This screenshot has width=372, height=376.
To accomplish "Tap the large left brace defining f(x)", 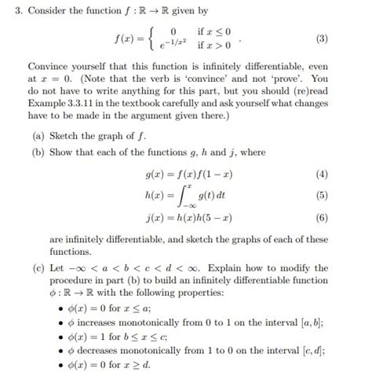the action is (x=155, y=39).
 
